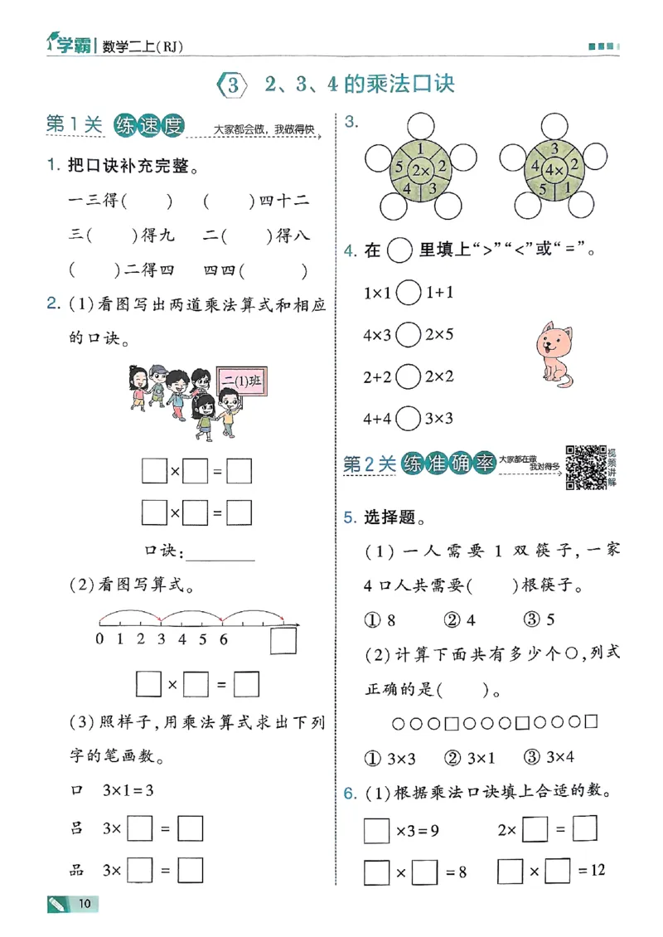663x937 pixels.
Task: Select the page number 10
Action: (84, 903)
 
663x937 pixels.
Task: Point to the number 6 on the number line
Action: (224, 639)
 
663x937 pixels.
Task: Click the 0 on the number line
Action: (99, 639)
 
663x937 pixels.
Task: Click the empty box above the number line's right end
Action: (283, 642)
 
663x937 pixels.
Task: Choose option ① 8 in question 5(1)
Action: (380, 619)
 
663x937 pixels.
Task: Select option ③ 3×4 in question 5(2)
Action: (550, 756)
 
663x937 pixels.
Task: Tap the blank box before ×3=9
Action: (376, 830)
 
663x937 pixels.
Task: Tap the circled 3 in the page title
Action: (232, 84)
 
